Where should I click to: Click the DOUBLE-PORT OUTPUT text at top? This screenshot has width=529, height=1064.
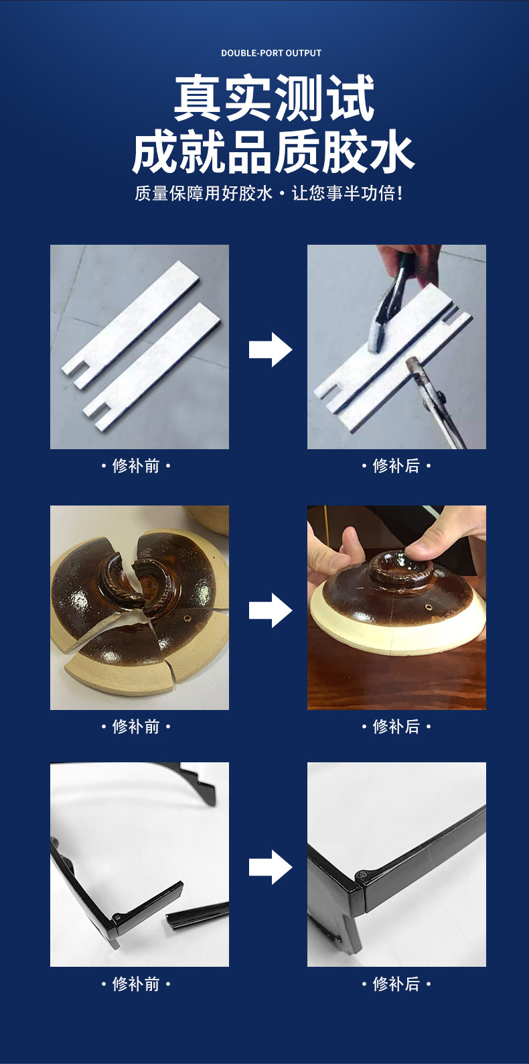[271, 53]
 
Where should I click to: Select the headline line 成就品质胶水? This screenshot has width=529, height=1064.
[273, 153]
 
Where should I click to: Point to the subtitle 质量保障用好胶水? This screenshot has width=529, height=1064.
[204, 194]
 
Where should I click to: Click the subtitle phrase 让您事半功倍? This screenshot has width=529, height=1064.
[348, 194]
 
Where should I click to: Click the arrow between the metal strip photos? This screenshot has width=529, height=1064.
[270, 349]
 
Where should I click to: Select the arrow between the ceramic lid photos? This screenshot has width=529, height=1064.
[270, 610]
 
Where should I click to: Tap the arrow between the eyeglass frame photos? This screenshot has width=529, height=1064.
[270, 867]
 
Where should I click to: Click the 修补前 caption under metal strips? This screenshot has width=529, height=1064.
[136, 466]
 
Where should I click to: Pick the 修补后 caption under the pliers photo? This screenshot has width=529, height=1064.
[396, 466]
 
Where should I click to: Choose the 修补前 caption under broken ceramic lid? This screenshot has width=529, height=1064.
[136, 727]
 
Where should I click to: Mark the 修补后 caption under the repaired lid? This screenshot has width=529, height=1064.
[396, 727]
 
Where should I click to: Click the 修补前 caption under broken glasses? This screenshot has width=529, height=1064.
[136, 984]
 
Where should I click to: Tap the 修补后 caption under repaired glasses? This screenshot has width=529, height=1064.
[396, 984]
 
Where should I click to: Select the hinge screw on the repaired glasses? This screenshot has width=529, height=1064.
[362, 874]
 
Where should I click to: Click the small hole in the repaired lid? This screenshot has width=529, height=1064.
[430, 607]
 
